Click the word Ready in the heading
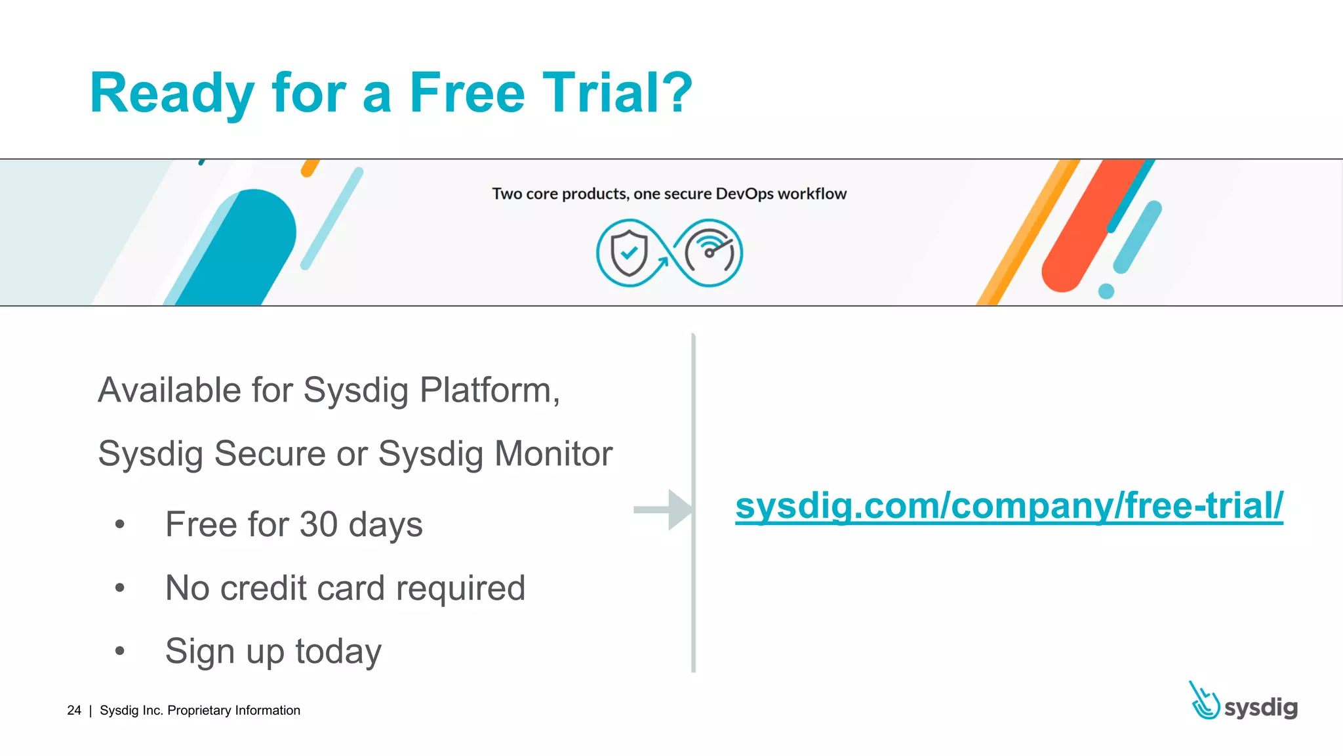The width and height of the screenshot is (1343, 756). [172, 93]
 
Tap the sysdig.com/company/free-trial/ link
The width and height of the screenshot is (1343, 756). [1009, 506]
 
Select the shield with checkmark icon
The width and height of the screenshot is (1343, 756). [629, 253]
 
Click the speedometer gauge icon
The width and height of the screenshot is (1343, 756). [710, 253]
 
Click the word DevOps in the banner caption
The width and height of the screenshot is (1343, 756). [744, 194]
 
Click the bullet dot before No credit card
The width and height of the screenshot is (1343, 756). [119, 587]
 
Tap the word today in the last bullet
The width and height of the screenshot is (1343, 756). [338, 652]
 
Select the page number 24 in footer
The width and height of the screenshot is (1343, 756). [74, 710]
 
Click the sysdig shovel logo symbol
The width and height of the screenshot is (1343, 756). [1203, 702]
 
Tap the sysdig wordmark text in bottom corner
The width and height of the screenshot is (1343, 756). [1260, 707]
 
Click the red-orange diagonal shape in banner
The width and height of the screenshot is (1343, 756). [1089, 230]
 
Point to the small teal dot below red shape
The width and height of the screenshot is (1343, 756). [1106, 291]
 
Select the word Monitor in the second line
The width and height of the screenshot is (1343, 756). [553, 453]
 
